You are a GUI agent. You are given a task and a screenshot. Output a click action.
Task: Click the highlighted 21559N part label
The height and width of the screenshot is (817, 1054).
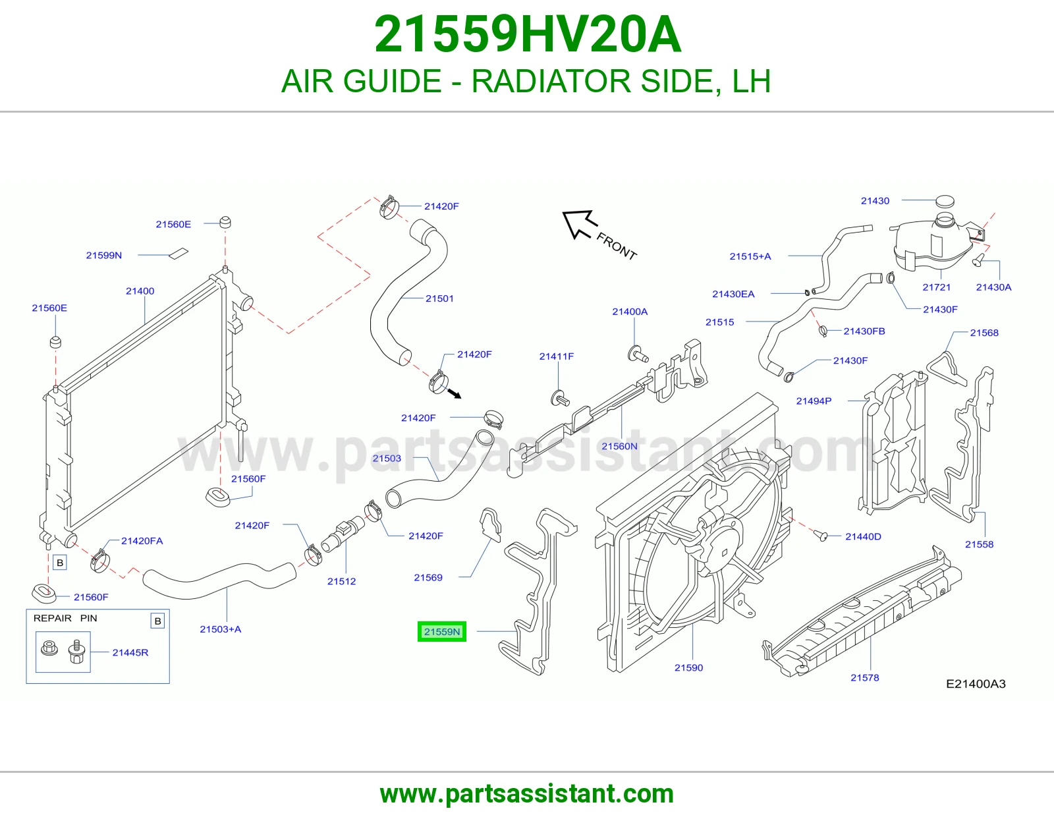click(441, 631)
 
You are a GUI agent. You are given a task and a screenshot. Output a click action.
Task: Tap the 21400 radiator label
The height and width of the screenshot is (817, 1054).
click(140, 291)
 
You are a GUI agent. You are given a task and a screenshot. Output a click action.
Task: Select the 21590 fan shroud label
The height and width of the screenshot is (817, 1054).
click(688, 667)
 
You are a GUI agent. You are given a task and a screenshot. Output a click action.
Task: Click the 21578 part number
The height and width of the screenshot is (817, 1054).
click(864, 677)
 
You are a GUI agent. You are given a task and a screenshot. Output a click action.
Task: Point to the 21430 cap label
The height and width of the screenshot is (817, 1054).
click(875, 201)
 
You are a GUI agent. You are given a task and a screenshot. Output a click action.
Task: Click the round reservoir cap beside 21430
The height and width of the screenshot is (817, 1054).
click(945, 201)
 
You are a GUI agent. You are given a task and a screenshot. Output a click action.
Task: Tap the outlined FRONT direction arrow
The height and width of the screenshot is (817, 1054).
click(580, 223)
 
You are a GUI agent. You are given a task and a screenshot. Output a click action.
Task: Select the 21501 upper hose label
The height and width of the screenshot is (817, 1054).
click(439, 298)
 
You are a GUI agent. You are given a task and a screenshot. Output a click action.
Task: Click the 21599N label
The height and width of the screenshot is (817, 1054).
click(104, 255)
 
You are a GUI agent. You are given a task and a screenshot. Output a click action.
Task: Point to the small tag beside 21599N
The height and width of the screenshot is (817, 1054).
click(179, 254)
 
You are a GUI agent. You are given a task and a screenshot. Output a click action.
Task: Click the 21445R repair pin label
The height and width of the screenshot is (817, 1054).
click(130, 652)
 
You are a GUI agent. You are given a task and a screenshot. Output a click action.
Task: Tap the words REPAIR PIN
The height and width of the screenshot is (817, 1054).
click(65, 618)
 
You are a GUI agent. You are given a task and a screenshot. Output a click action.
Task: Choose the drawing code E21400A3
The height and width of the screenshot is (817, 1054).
click(976, 684)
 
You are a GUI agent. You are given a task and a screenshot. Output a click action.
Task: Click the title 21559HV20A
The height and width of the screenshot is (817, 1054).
click(528, 34)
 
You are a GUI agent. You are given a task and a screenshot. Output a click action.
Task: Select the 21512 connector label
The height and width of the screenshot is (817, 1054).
click(341, 581)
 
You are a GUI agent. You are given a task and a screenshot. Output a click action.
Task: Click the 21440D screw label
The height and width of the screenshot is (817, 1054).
click(864, 536)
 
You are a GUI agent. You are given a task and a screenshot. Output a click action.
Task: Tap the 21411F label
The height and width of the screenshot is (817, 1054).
click(557, 356)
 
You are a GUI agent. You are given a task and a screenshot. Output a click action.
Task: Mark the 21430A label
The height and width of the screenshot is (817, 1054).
click(994, 287)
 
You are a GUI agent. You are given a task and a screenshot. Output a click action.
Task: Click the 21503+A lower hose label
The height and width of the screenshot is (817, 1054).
click(220, 629)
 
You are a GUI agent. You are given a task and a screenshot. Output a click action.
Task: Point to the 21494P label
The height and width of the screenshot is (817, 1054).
click(814, 401)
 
